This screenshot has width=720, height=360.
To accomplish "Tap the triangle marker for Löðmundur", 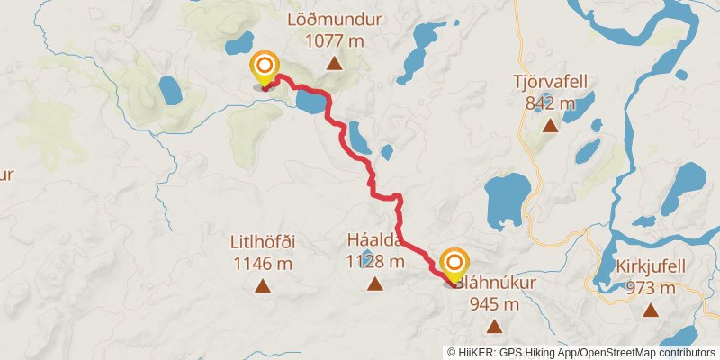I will pyautogui.click(x=334, y=63).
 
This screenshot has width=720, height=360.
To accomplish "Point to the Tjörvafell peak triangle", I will pyautogui.click(x=549, y=125).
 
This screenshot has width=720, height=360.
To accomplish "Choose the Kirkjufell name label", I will pyautogui.click(x=646, y=268).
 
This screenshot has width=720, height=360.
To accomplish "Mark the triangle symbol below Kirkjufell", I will pyautogui.click(x=651, y=311).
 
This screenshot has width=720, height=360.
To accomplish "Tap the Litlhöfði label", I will pyautogui.click(x=264, y=242).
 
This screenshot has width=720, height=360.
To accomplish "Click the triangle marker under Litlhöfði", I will pyautogui.click(x=263, y=287).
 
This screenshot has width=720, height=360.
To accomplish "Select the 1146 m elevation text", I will pyautogui.click(x=264, y=264).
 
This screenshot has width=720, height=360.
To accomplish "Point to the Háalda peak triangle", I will pyautogui.click(x=374, y=284).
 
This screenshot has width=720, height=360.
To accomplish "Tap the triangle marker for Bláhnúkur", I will pyautogui.click(x=491, y=326).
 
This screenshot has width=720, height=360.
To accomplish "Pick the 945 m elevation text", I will pyautogui.click(x=494, y=303).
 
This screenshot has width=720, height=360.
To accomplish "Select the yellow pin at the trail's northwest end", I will pyautogui.click(x=265, y=67).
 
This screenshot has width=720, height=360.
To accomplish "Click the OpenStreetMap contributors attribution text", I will pyautogui.click(x=646, y=352).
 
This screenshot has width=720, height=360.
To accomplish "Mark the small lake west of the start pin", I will pyautogui.click(x=170, y=90).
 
